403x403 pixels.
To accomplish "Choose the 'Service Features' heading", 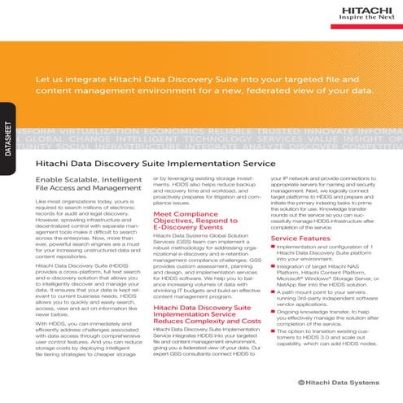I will [302, 238].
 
